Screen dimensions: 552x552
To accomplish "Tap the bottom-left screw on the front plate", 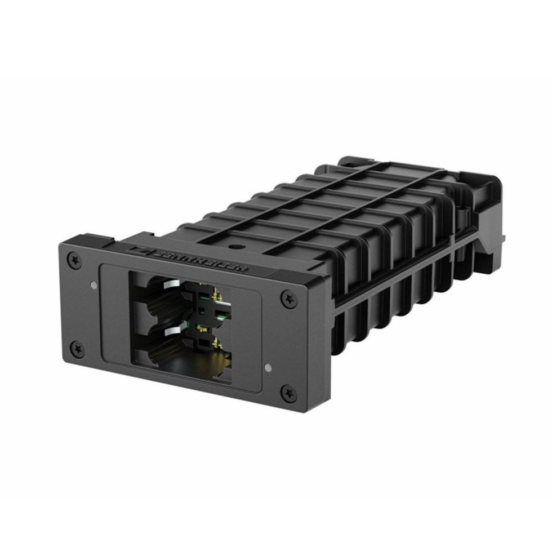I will point(78,349).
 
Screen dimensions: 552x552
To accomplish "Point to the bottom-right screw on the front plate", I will point(289,393).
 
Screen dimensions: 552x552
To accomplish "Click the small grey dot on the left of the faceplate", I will point(94,285).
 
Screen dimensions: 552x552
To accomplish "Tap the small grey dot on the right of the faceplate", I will point(268,368).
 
